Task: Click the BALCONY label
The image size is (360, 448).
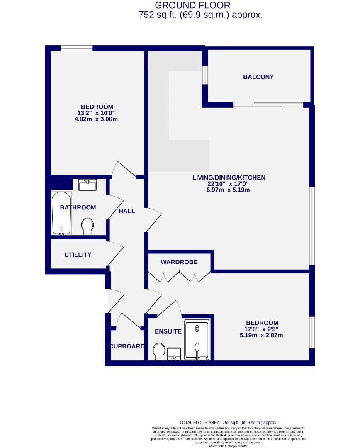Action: pyautogui.click(x=258, y=77)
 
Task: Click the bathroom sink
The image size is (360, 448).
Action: pyautogui.click(x=87, y=185)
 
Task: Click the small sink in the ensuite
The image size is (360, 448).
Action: pyautogui.click(x=174, y=354)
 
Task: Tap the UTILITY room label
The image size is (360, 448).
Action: pyautogui.click(x=78, y=255)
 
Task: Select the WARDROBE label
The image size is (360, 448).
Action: pyautogui.click(x=179, y=262)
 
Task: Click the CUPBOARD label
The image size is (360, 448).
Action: pyautogui.click(x=127, y=346)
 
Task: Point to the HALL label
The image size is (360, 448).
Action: pyautogui.click(x=127, y=211)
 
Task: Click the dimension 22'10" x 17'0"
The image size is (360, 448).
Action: pyautogui.click(x=229, y=184)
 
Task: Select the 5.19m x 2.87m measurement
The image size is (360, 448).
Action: pyautogui.click(x=262, y=335)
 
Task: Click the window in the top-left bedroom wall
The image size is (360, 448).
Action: pyautogui.click(x=77, y=48)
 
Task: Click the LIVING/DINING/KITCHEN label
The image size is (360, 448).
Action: pyautogui.click(x=229, y=178)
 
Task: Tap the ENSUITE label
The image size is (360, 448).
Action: pyautogui.click(x=168, y=331)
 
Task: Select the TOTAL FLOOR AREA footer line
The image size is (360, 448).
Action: pyautogui.click(x=228, y=422)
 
